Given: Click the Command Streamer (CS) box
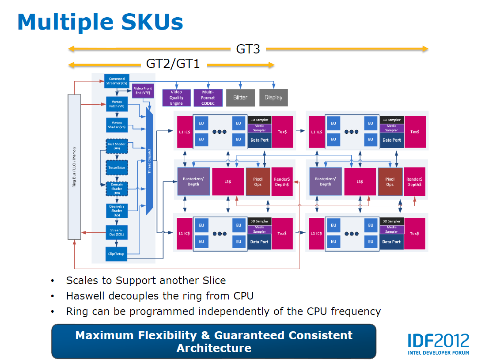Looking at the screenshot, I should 117,81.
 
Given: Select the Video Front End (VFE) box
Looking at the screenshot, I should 142,91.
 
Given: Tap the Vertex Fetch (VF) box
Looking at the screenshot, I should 117,104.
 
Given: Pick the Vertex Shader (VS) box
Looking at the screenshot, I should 117,125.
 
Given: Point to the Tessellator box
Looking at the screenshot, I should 117,168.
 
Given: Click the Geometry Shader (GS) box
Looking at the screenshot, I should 117,210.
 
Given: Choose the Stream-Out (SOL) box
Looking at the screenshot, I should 117,232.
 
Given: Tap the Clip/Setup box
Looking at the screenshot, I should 117,254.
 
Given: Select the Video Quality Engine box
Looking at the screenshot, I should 176,98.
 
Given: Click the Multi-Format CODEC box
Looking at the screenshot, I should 208,98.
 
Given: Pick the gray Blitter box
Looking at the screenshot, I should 240,98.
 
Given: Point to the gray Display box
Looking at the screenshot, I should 273,97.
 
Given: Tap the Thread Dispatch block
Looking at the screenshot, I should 149,164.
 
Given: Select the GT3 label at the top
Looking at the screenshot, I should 248,49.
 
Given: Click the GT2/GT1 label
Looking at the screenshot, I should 173,64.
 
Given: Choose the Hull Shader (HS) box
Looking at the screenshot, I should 117,146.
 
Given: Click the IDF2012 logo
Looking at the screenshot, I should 438,343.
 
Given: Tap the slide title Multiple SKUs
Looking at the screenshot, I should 100,22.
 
